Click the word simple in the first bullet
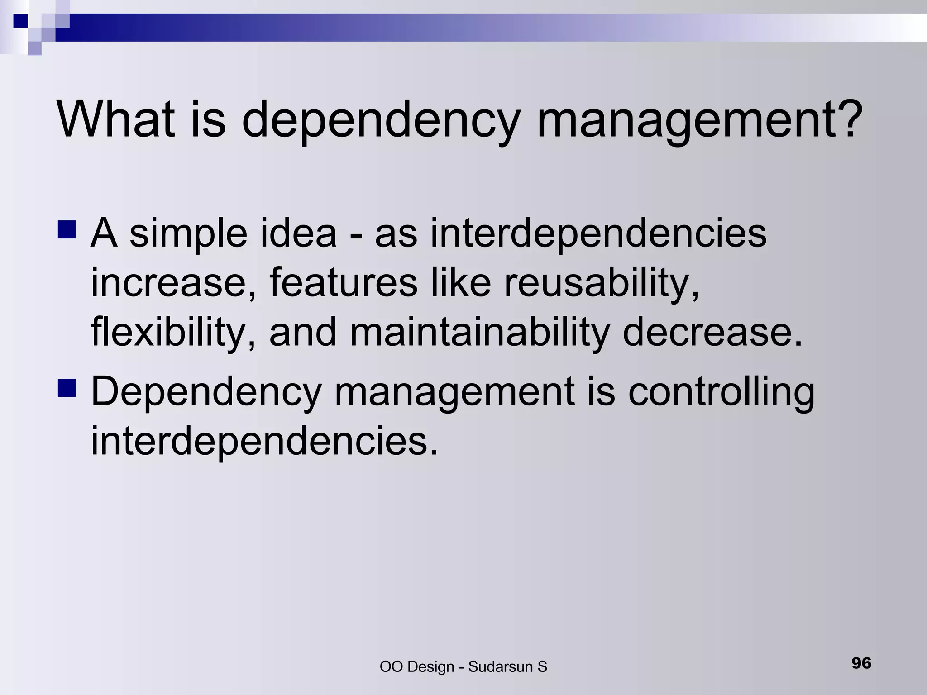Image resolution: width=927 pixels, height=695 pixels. (188, 234)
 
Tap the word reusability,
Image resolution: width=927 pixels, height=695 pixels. (602, 284)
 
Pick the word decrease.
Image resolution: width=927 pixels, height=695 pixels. (712, 333)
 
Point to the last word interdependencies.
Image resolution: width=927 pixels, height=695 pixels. (264, 442)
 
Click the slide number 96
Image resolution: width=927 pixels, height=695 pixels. (861, 663)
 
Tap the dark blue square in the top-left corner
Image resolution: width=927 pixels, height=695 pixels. (21, 21)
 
